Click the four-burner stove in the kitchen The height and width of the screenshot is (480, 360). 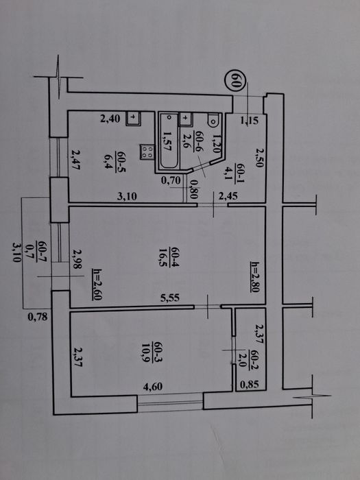click(145, 152)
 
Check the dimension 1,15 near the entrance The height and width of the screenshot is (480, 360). click(249, 122)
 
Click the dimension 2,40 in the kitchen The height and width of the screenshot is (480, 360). click(110, 119)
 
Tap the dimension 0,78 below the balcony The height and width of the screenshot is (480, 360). click(37, 317)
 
